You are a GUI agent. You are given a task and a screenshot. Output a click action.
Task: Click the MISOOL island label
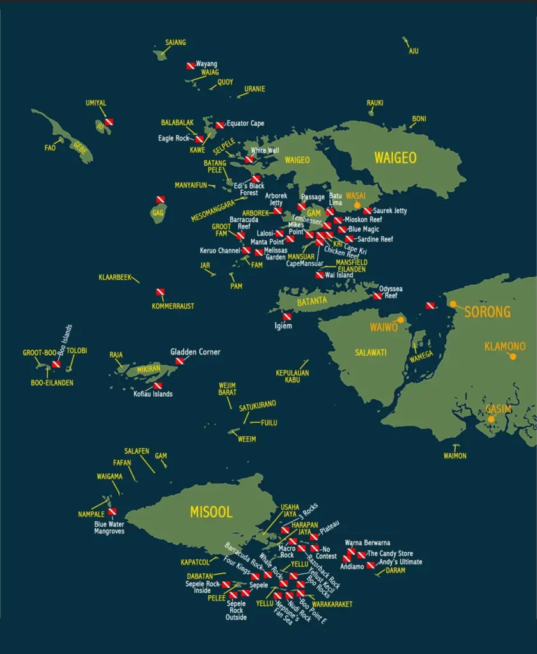point(210,512)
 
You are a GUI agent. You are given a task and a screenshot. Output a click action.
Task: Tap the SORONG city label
point(487,312)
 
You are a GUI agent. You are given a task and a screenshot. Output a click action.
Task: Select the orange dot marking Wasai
point(357,205)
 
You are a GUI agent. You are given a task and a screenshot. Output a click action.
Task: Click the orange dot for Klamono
point(512,356)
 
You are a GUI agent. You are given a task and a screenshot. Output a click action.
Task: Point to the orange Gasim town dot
point(491,419)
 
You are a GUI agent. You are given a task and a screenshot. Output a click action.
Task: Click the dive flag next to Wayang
point(191,66)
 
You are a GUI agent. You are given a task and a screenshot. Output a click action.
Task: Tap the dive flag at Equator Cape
point(219,125)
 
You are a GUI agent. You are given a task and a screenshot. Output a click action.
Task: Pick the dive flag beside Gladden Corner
point(180,361)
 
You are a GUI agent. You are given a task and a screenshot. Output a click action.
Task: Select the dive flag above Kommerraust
point(160,293)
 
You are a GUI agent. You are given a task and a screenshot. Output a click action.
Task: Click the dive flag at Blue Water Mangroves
point(113,512)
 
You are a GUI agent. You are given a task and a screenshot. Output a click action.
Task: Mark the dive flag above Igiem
point(287,317)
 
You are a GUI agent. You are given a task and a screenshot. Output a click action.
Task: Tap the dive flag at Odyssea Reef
point(377,296)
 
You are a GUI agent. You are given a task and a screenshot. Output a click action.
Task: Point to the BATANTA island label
point(311,301)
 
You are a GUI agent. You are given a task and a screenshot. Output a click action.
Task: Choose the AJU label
point(414,51)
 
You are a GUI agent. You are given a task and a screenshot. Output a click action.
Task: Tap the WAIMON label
point(455,455)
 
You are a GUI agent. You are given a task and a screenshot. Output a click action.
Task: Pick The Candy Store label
point(390,554)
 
